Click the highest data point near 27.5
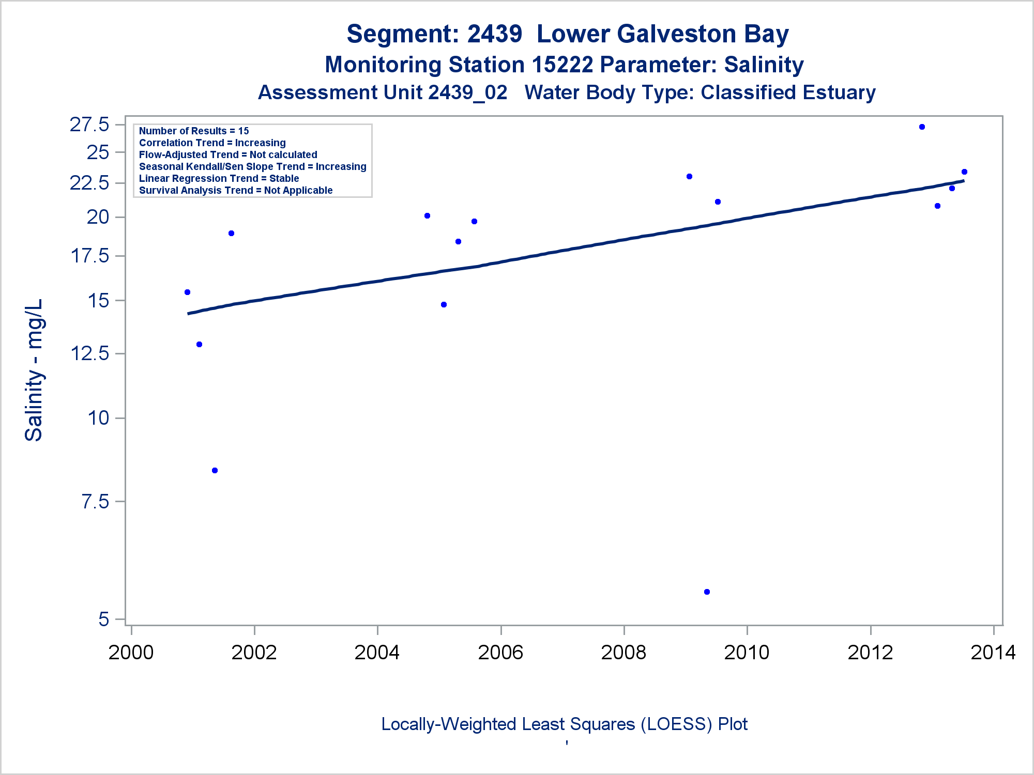(x=922, y=127)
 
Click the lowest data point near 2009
(x=707, y=592)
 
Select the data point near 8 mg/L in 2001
(x=215, y=471)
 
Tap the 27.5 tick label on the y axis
(x=89, y=125)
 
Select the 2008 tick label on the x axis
(x=624, y=653)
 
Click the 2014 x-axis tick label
(x=993, y=653)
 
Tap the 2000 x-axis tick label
(x=131, y=653)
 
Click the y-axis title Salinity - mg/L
(x=34, y=370)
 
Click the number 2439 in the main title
(x=495, y=34)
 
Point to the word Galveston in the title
(x=677, y=34)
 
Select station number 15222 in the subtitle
(x=562, y=65)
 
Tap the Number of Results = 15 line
(x=194, y=131)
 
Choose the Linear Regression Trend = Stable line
(x=219, y=179)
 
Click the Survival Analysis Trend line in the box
(x=236, y=191)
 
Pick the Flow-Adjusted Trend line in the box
(x=228, y=155)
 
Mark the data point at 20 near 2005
(x=427, y=216)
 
